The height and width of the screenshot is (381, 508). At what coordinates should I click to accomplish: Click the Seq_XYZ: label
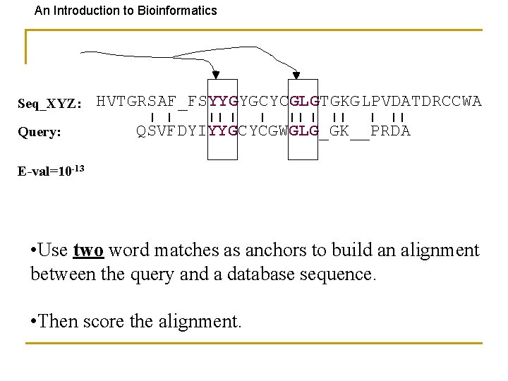tap(49, 104)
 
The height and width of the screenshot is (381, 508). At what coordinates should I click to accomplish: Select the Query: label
tap(41, 131)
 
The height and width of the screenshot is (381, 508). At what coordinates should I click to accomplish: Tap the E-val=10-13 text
tap(50, 171)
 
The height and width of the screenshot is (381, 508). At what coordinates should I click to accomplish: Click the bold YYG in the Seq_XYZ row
tap(224, 102)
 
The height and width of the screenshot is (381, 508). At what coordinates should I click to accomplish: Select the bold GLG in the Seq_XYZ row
tap(304, 102)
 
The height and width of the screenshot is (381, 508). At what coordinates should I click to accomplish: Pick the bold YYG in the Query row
tap(224, 131)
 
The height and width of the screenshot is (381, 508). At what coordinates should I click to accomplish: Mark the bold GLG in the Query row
tap(304, 131)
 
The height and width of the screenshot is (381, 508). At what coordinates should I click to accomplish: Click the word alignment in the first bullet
tap(436, 250)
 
